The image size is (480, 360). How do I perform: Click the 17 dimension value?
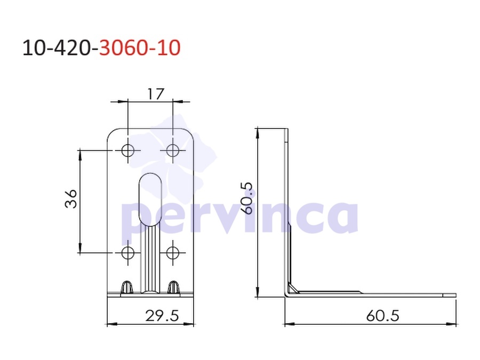[156, 94]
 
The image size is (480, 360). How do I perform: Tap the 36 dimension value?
[71, 199]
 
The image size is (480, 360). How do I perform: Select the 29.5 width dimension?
[162, 316]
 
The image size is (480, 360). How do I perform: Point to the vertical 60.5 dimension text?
[247, 198]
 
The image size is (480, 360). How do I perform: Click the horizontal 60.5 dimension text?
[382, 316]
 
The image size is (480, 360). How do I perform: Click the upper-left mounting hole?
[127, 150]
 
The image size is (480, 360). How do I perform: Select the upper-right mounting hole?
[173, 150]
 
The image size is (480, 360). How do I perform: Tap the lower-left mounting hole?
[127, 253]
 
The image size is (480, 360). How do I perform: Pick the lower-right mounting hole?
[173, 253]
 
